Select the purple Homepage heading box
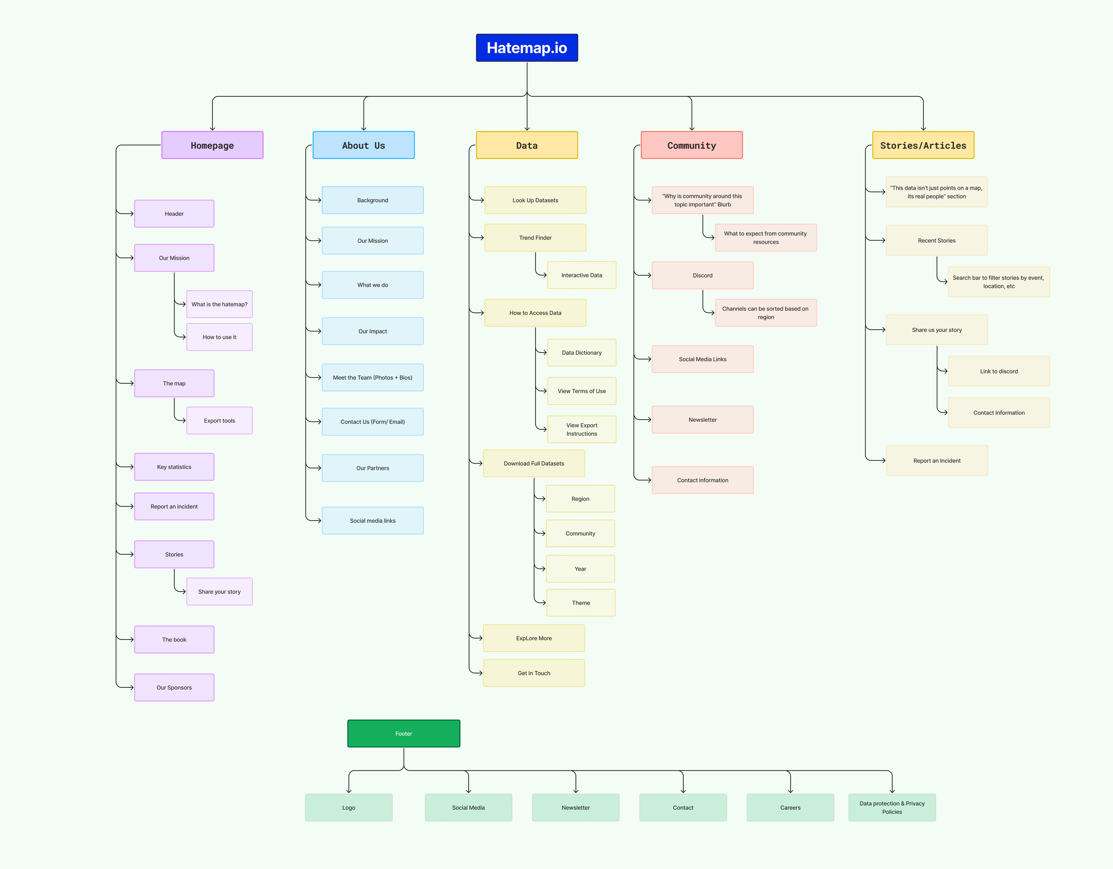coord(212,145)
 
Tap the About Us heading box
coord(363,145)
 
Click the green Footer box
coord(404,733)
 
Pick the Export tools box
coord(219,421)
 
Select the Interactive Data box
coord(581,275)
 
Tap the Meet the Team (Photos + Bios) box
coord(373,378)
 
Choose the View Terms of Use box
coord(581,391)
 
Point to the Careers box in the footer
coord(790,807)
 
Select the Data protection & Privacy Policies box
coord(892,807)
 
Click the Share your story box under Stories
coord(219,592)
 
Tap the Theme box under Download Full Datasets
coord(581,602)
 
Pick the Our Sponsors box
coord(174,687)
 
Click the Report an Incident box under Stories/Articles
coord(937,461)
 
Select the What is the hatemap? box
coord(219,304)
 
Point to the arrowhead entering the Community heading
coord(691,129)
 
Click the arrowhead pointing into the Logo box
coord(349,791)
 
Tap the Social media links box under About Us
coord(373,520)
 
